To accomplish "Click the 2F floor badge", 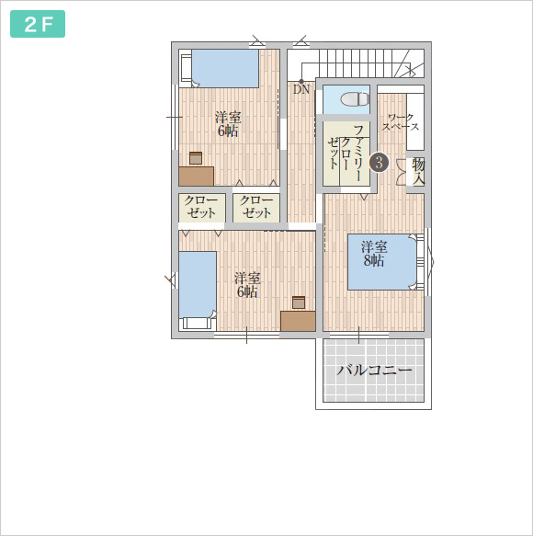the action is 38,24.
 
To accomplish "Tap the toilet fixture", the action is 356,99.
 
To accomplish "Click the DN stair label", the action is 301,89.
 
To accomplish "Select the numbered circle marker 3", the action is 379,163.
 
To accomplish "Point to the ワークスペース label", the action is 401,122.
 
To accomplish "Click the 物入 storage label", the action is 418,172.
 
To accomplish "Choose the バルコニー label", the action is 374,371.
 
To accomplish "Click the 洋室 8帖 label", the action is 374,254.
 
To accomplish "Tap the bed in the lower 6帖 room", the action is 198,291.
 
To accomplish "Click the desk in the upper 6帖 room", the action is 197,177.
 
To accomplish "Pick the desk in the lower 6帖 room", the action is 298,321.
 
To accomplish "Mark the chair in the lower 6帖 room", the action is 299,302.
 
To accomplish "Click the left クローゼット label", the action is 201,207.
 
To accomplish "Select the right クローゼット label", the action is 256,207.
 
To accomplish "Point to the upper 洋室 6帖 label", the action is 228,124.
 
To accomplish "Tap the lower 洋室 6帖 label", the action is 247,285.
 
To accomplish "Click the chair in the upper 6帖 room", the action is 196,158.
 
